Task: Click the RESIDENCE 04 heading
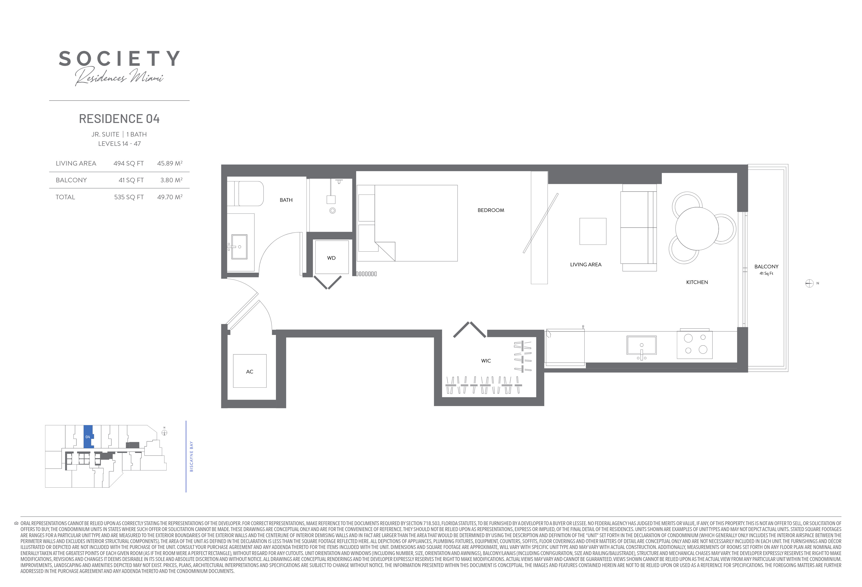click(x=119, y=119)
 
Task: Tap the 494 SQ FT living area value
click(x=128, y=164)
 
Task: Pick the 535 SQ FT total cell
click(x=129, y=197)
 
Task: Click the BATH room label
click(x=286, y=200)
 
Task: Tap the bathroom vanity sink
click(x=239, y=246)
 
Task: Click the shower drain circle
click(x=333, y=210)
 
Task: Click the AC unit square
click(x=250, y=371)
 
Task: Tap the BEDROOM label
click(x=491, y=210)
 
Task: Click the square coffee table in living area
click(x=593, y=231)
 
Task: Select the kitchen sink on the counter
click(x=641, y=345)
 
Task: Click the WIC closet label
click(x=486, y=361)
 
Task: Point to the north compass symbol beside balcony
click(x=809, y=284)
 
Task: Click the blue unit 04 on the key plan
click(x=88, y=437)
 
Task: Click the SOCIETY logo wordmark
click(x=119, y=59)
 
